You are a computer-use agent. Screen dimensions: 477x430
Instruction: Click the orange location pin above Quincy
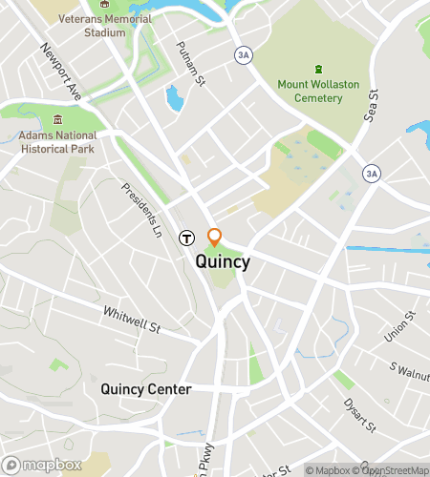[215, 237]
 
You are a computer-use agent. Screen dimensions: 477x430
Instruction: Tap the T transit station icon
[187, 238]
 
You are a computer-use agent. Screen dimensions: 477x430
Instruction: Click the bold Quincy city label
[223, 261]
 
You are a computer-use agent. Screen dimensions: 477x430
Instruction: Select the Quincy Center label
[146, 389]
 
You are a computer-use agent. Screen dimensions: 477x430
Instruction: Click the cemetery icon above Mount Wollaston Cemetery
[318, 69]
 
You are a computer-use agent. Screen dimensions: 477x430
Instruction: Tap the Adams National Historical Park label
[58, 143]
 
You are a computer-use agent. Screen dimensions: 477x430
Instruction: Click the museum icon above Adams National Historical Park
[58, 120]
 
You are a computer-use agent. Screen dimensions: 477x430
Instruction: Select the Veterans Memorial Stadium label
[104, 26]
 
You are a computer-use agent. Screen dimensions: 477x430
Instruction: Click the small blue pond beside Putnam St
[173, 96]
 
